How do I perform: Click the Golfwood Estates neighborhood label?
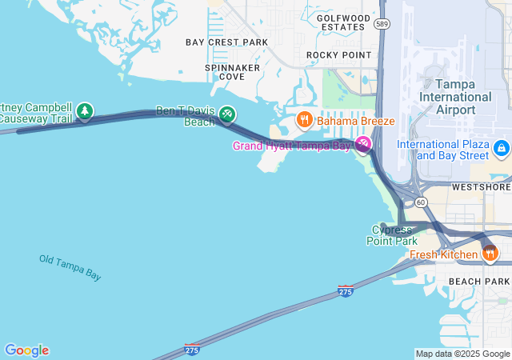point(343,22)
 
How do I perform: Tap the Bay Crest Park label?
point(227,42)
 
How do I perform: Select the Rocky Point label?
point(339,55)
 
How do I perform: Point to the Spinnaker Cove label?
point(232,72)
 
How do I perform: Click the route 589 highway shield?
point(382,25)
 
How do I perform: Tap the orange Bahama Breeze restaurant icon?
point(304,121)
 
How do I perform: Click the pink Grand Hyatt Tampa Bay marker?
point(364,145)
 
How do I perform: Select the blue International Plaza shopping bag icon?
point(501,148)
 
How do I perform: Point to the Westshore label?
point(481,187)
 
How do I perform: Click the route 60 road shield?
point(421,202)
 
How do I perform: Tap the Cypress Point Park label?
point(392,235)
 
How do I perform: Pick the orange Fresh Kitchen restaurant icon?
point(490,254)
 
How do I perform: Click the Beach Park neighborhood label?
point(478,282)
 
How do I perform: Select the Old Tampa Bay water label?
point(70,267)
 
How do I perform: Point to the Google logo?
point(26,350)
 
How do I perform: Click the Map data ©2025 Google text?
point(462,354)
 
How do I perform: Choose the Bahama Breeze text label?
point(355,121)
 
